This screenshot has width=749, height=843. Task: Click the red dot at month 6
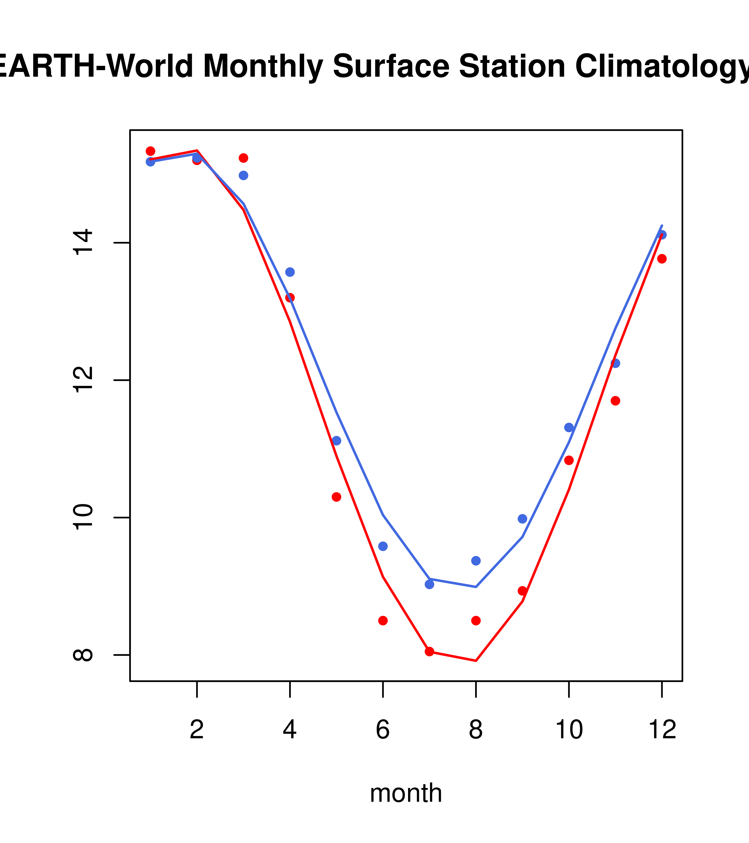(x=383, y=621)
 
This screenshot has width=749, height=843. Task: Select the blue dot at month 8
(x=476, y=561)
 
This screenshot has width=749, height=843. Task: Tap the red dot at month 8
(x=476, y=621)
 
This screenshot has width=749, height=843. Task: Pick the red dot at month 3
(x=244, y=158)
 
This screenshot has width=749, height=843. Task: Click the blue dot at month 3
(x=244, y=175)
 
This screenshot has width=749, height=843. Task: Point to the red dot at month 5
(x=336, y=497)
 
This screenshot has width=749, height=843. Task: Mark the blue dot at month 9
(x=522, y=519)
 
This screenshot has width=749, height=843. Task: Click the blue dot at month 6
(x=383, y=546)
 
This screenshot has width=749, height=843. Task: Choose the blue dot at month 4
(x=290, y=272)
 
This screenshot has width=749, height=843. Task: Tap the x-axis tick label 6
(x=383, y=730)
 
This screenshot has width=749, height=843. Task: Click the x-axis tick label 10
(x=569, y=730)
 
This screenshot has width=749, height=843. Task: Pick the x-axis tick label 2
(x=197, y=730)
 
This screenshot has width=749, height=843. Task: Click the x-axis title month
(x=406, y=793)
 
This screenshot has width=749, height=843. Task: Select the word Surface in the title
(x=391, y=67)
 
